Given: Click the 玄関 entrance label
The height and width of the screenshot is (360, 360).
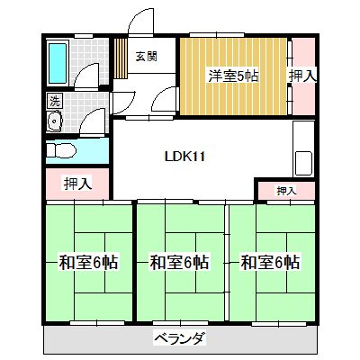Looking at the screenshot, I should (145, 56).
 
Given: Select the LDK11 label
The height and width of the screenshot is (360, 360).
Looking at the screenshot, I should (185, 156).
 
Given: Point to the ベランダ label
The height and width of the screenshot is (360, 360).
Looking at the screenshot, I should (179, 339).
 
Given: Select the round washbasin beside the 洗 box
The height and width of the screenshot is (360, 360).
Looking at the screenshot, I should (54, 121).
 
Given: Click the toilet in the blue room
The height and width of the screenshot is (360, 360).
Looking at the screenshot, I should (60, 149).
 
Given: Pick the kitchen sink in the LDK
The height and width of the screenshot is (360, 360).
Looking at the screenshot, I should (302, 164).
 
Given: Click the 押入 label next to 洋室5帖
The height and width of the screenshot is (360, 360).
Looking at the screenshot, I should (302, 76).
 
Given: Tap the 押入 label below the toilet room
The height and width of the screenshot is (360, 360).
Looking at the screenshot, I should (76, 184).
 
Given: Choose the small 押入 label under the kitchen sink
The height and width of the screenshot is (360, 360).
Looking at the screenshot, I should (286, 191).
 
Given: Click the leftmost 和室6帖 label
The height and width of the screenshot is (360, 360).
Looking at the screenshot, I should (88, 263).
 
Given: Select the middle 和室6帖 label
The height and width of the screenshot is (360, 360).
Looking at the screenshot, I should (179, 263).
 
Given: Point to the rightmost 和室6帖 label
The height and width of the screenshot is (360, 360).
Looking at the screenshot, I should (270, 263).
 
